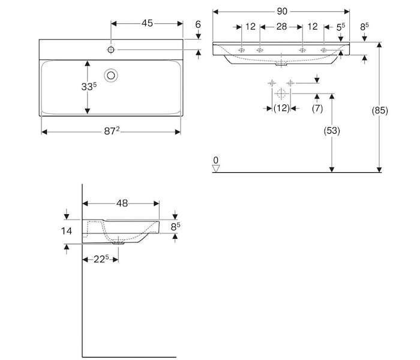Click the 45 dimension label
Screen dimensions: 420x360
(x=147, y=23)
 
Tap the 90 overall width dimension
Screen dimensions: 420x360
(x=282, y=11)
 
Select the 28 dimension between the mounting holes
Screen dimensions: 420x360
(x=281, y=26)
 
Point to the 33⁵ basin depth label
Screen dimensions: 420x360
(x=89, y=86)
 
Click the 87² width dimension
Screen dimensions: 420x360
(x=112, y=131)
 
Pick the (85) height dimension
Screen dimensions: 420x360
(x=380, y=110)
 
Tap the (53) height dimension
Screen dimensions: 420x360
(x=332, y=131)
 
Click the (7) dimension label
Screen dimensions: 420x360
(x=317, y=109)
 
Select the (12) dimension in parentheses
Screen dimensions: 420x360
(x=281, y=108)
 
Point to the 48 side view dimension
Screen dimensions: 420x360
(x=122, y=203)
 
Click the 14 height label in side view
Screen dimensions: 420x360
(x=67, y=231)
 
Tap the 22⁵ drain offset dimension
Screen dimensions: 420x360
(x=101, y=259)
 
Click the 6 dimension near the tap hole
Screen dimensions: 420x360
(x=198, y=25)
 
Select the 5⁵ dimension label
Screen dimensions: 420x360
(x=341, y=27)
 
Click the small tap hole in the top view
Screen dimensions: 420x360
(x=111, y=50)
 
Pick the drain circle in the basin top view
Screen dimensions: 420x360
(x=111, y=75)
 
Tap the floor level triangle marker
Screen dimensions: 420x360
(x=216, y=168)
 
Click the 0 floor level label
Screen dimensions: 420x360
(x=216, y=160)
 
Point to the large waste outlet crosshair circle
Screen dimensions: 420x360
(x=281, y=94)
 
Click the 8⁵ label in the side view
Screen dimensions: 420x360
(x=175, y=227)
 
